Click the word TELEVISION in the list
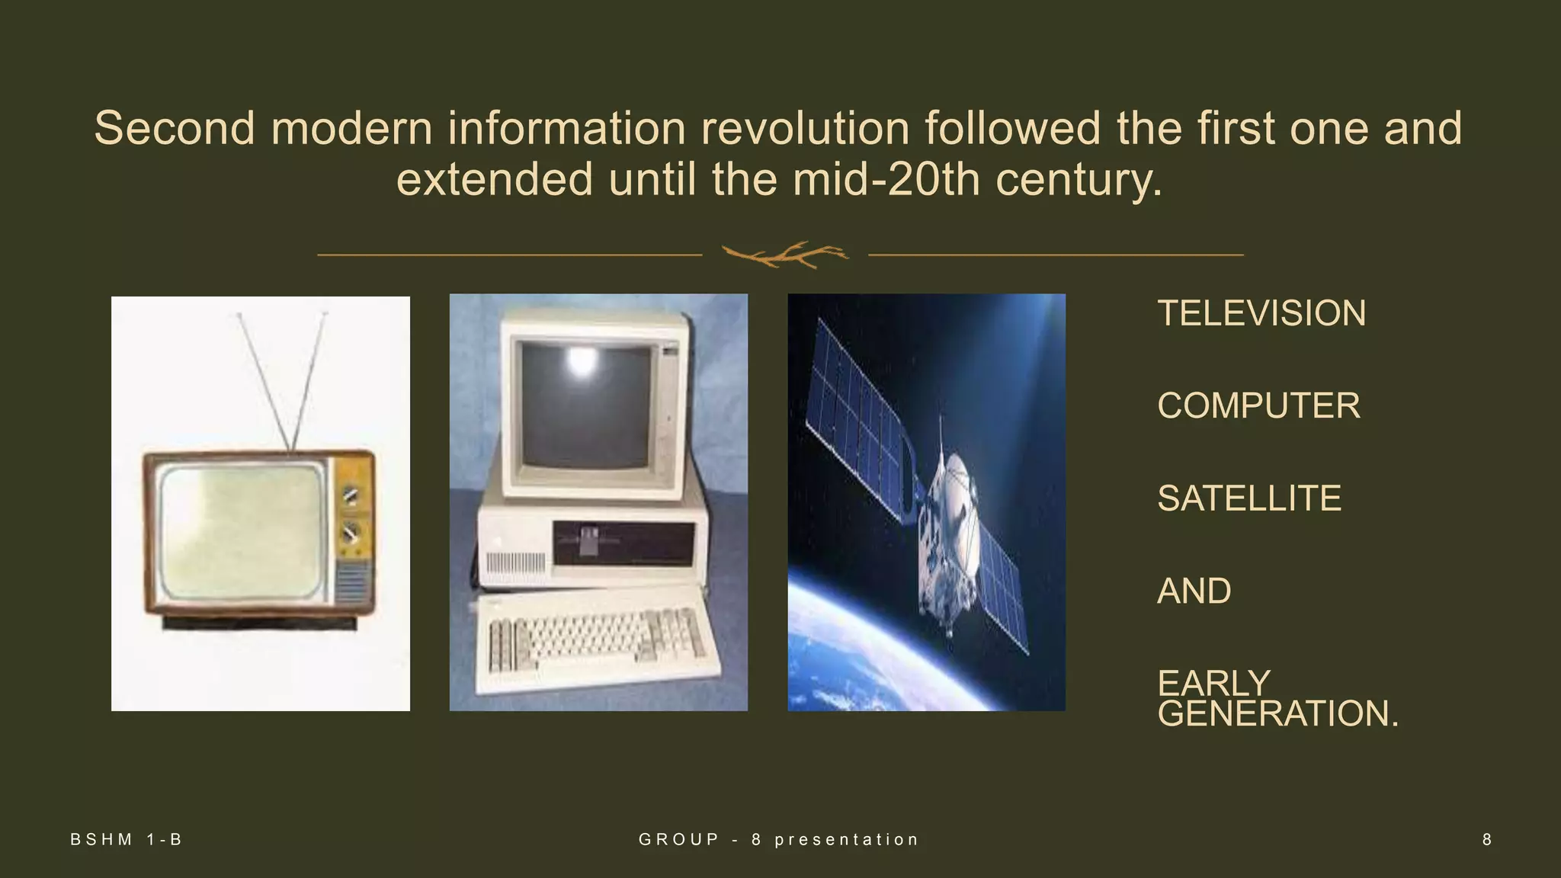(x=1261, y=313)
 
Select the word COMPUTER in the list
(x=1258, y=405)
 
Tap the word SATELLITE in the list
(x=1248, y=498)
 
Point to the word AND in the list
(x=1194, y=591)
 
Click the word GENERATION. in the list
(x=1277, y=714)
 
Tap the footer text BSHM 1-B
(x=127, y=840)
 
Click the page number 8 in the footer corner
(x=1486, y=840)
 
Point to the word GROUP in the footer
(x=679, y=840)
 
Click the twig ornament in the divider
(x=784, y=255)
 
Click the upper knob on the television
(x=351, y=495)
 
